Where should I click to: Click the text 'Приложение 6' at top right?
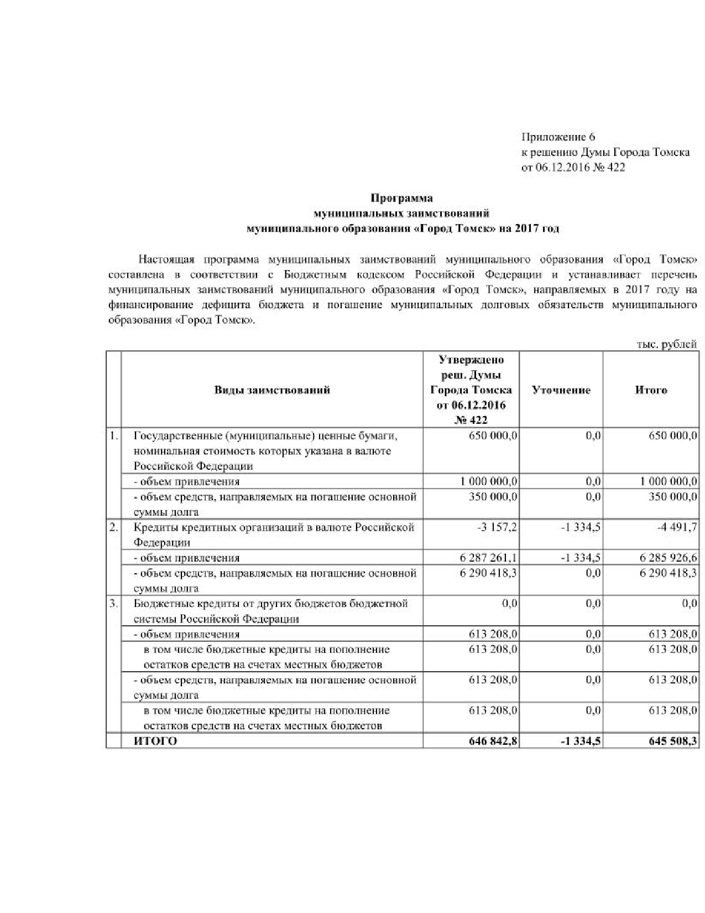click(x=558, y=137)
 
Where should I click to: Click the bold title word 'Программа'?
click(x=401, y=198)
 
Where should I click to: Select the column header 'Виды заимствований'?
click(x=271, y=390)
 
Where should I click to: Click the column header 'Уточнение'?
click(x=561, y=390)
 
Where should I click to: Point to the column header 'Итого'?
click(x=651, y=390)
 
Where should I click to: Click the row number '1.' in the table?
click(x=113, y=436)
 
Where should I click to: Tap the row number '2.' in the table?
click(x=113, y=527)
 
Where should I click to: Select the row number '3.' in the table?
click(x=113, y=604)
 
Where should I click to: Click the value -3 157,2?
click(x=497, y=527)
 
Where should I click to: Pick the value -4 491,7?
click(x=676, y=527)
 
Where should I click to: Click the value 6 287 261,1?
click(x=488, y=558)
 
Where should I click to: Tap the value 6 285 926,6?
click(x=669, y=558)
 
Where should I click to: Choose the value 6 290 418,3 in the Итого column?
click(x=668, y=573)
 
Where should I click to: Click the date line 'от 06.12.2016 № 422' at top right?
click(x=573, y=167)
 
